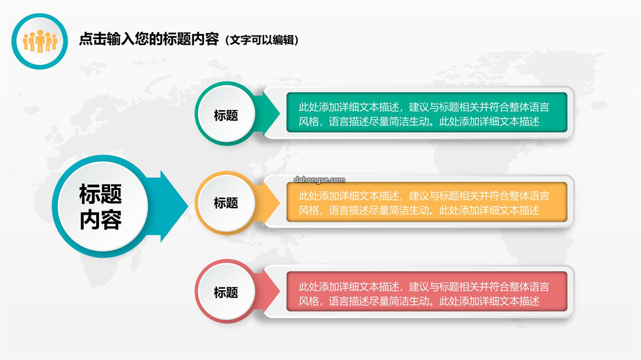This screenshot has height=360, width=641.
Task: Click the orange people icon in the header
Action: point(40,42)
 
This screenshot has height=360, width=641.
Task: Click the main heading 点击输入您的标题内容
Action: point(149,39)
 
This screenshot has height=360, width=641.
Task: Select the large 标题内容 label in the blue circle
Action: point(100,206)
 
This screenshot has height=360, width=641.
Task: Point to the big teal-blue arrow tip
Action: point(188,206)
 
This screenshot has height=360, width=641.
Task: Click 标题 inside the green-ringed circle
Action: point(226,115)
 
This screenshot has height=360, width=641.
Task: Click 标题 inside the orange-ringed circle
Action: point(226,203)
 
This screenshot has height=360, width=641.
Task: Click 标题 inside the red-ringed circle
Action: point(226,292)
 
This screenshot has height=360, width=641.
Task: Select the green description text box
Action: point(427,112)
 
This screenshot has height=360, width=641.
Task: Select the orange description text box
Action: point(427,202)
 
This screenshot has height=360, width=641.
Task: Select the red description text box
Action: point(427,291)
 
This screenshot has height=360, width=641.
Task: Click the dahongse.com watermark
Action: point(319,180)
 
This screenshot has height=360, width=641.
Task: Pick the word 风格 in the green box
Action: point(309,122)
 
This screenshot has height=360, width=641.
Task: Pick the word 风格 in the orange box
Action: point(309,211)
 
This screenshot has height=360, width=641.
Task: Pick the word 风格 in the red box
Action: point(309,301)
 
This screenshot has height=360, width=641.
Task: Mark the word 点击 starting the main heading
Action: point(93,39)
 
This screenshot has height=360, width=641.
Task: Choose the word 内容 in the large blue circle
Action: point(100,220)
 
